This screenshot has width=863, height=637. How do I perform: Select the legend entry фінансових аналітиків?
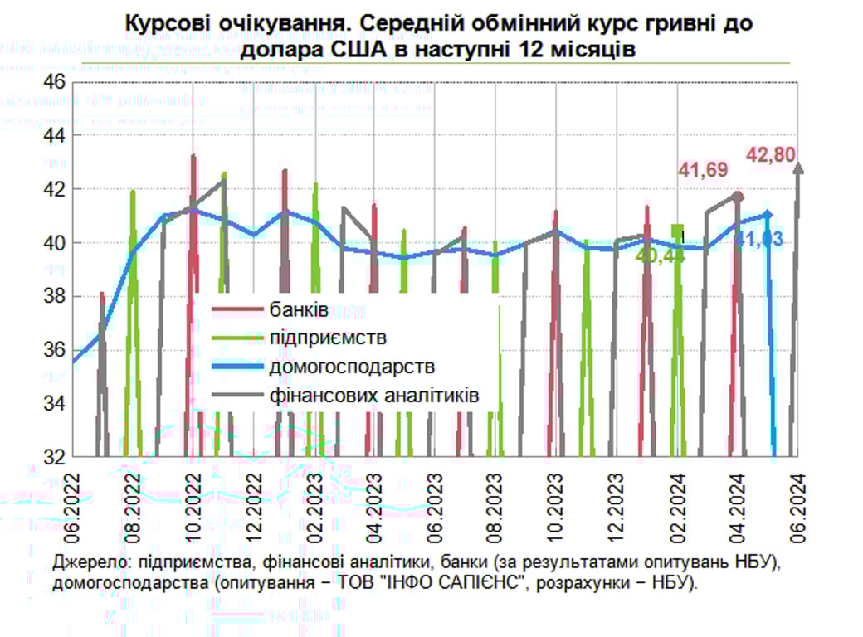pyautogui.click(x=373, y=395)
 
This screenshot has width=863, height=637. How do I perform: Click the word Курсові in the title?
pyautogui.click(x=163, y=24)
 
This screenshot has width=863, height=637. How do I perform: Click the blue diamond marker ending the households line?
pyautogui.click(x=768, y=215)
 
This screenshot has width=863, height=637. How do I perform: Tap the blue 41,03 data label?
pyautogui.click(x=758, y=241)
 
